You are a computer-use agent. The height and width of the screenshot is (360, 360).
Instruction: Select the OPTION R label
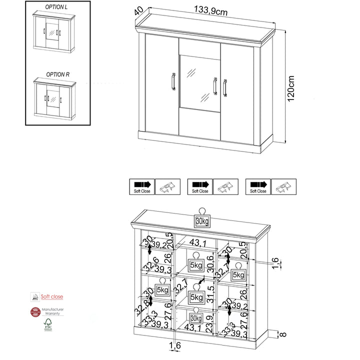[57, 74]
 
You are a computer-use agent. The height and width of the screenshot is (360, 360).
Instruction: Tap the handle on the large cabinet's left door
[172, 82]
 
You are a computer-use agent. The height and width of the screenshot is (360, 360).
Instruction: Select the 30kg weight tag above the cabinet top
[202, 221]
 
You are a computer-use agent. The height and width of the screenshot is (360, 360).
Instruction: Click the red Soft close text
[52, 296]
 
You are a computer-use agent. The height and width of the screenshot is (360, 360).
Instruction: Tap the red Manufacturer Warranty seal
[35, 312]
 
